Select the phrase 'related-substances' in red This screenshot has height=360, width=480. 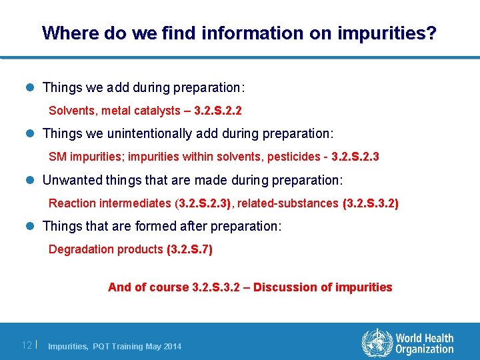coord(288,203)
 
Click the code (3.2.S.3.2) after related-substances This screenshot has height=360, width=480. coord(371,203)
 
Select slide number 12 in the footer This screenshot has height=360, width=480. coord(27,345)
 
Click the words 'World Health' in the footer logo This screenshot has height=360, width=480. coord(425,339)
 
